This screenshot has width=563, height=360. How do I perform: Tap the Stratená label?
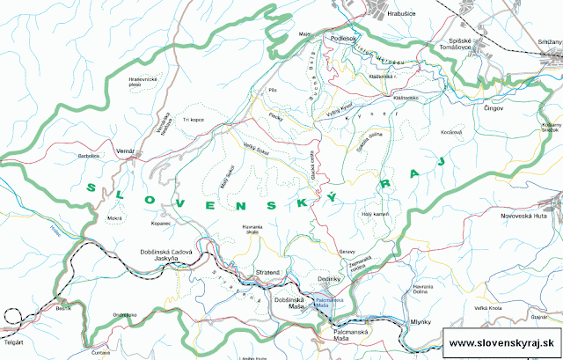tap(267, 273)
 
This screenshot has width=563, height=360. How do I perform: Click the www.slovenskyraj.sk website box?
tap(500, 342)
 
